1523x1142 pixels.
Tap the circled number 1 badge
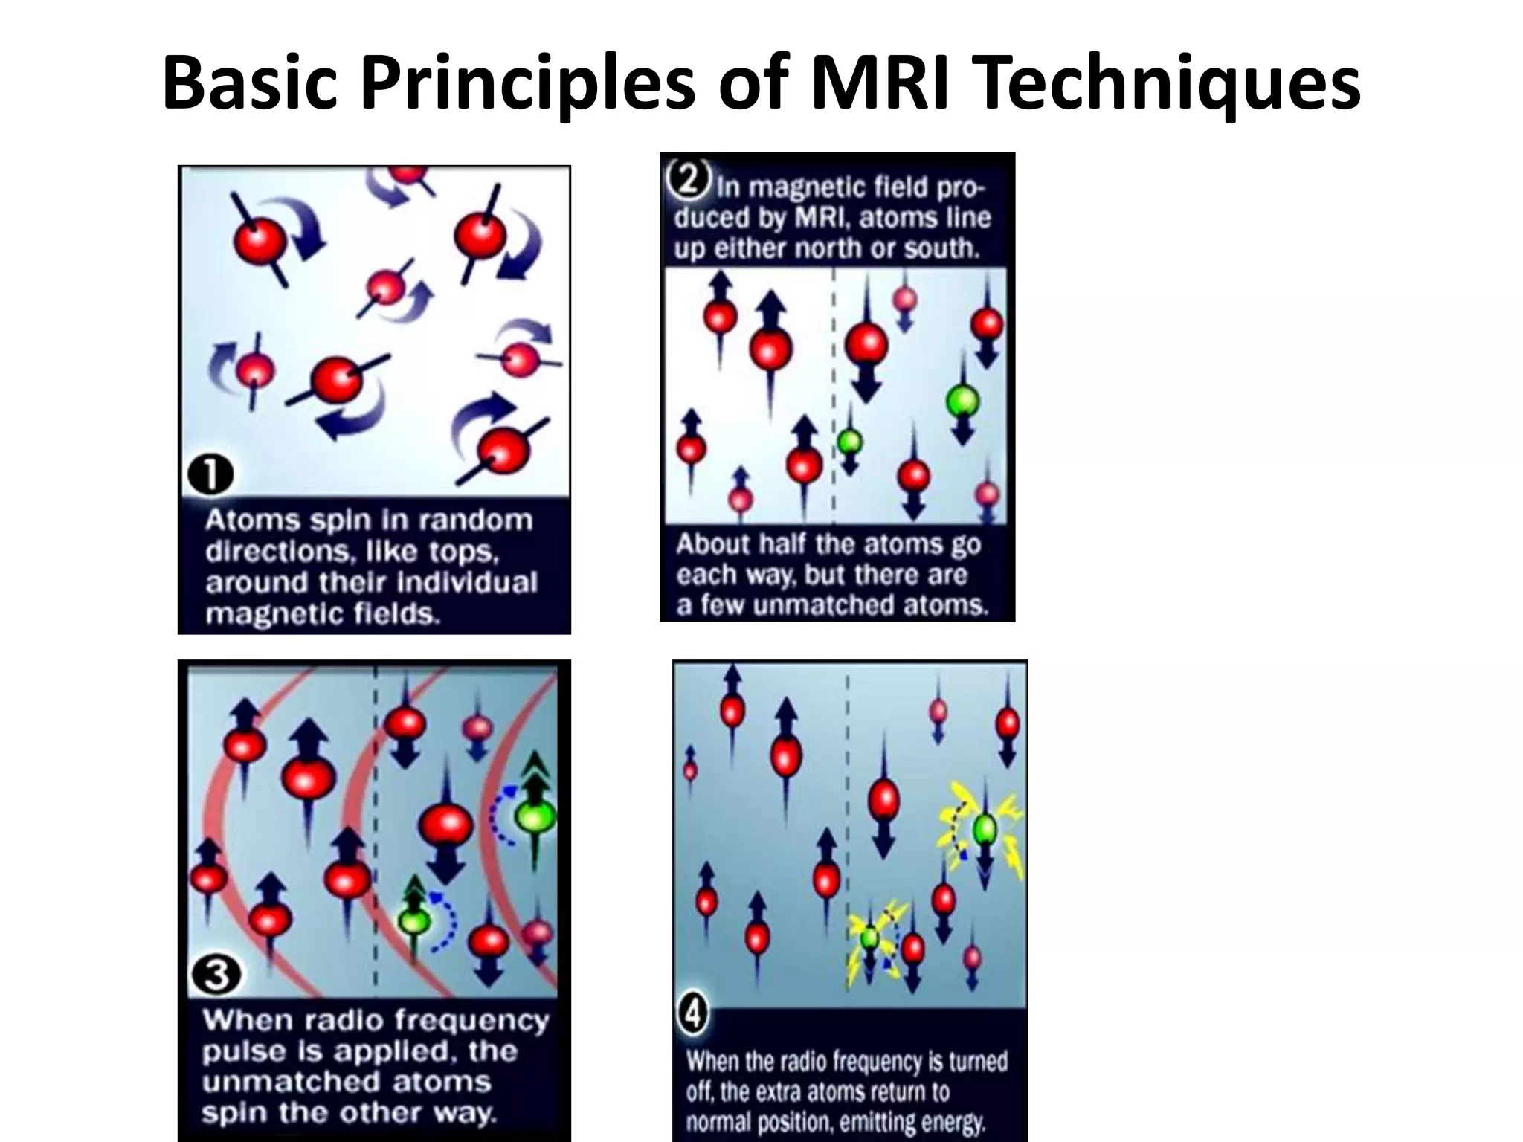[210, 474]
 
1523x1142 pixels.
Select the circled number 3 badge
[216, 974]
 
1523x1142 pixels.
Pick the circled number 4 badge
[693, 1014]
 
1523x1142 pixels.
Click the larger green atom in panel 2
[963, 401]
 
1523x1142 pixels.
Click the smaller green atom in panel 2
[849, 442]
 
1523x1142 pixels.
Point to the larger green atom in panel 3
[535, 816]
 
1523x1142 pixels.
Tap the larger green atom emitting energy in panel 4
[985, 828]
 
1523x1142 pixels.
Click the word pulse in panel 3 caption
[243, 1051]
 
